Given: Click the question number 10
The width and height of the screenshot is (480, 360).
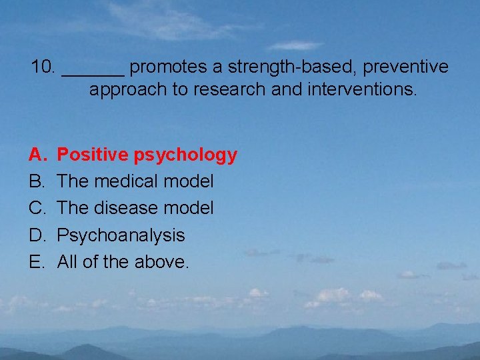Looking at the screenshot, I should point(43,67).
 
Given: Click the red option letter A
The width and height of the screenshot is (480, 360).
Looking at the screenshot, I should point(36,155).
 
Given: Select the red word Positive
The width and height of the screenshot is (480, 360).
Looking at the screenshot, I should point(93,155).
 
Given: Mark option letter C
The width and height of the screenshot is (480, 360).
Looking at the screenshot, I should point(36,209).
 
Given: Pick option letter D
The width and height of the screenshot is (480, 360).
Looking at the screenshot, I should point(36,235).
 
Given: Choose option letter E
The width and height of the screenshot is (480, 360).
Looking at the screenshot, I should point(36,262).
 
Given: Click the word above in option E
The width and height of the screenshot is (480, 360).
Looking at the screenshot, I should point(162,262).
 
